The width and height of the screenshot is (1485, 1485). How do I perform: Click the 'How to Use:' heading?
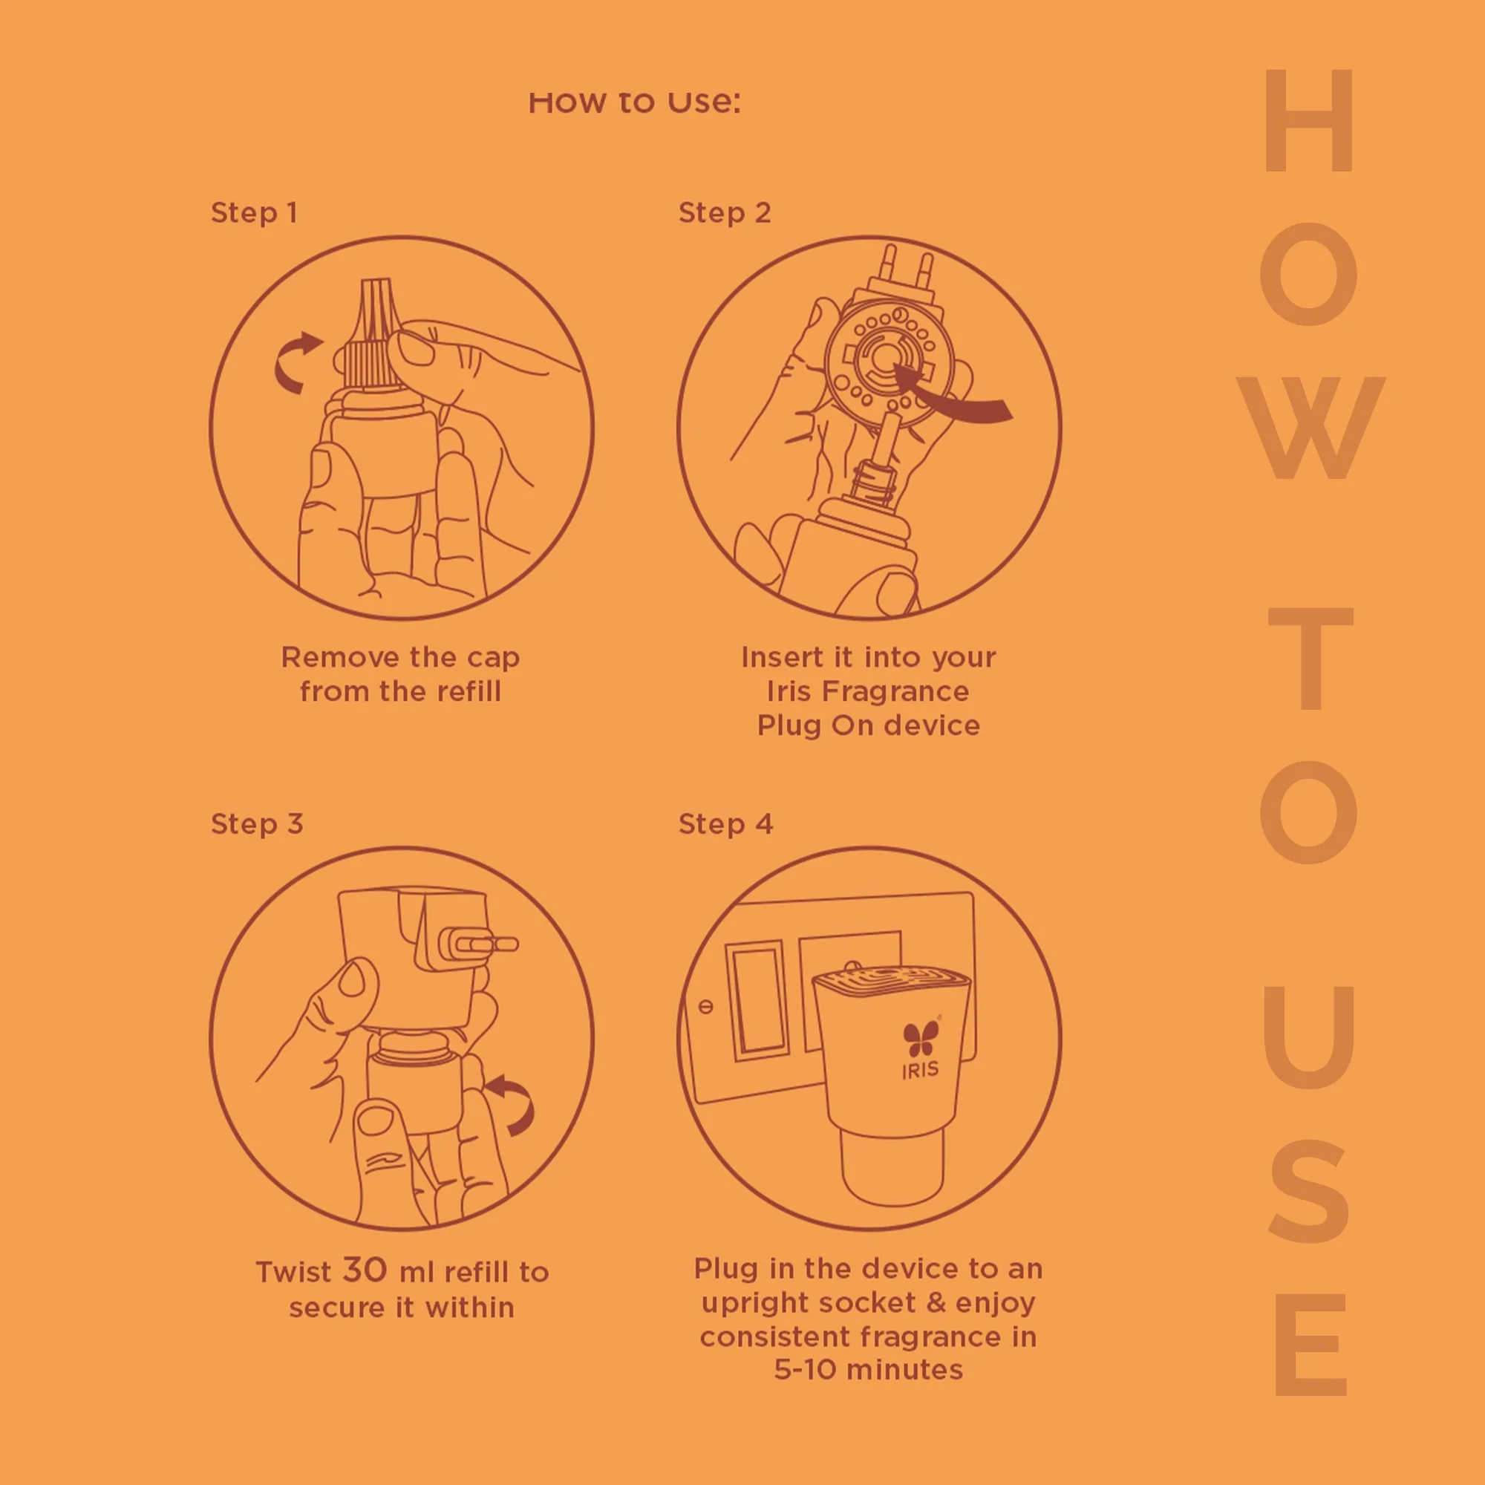click(x=634, y=102)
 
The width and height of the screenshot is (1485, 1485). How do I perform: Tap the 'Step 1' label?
click(x=254, y=213)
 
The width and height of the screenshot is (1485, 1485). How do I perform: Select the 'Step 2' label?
click(x=724, y=213)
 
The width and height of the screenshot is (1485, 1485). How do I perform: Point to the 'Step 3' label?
click(x=257, y=824)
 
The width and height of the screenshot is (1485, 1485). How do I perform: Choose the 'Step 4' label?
click(x=725, y=824)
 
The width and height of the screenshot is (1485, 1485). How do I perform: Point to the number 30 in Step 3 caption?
click(x=365, y=1269)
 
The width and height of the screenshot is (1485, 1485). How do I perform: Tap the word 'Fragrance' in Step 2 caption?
click(x=895, y=691)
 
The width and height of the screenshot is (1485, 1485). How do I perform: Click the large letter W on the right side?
click(x=1311, y=428)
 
